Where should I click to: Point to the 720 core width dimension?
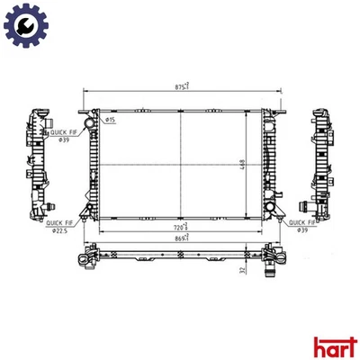180,227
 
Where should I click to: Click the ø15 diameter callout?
109,120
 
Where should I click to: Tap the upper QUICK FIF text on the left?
62,130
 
